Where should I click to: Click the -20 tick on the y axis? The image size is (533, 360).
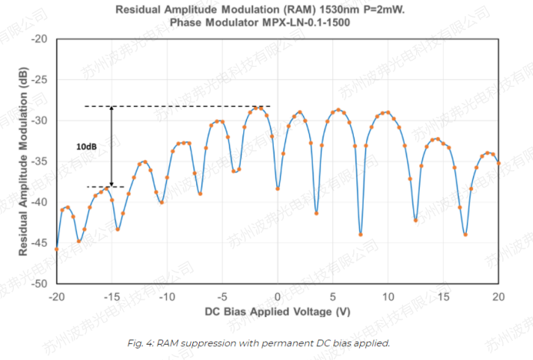(x=40, y=38)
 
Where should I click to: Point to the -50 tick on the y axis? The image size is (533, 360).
(x=40, y=283)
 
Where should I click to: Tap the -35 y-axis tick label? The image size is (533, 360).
(x=40, y=161)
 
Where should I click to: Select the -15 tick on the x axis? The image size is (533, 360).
(x=112, y=296)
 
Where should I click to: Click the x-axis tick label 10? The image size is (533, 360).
(x=388, y=296)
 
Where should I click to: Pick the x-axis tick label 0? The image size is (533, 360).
(x=278, y=296)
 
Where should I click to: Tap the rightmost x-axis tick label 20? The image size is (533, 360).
(x=498, y=296)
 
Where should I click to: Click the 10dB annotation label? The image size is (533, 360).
(x=87, y=146)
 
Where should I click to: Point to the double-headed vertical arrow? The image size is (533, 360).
(x=112, y=146)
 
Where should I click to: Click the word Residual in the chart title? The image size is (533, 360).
(x=139, y=10)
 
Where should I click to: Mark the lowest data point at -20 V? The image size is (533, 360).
(x=56, y=249)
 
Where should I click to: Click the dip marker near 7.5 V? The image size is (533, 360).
(x=361, y=235)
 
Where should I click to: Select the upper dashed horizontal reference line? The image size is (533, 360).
(x=177, y=106)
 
